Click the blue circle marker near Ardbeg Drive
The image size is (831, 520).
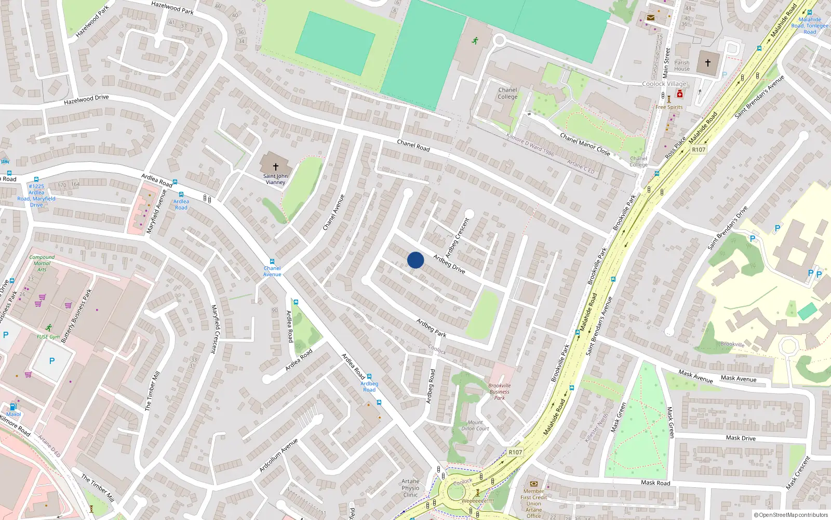pyautogui.click(x=415, y=260)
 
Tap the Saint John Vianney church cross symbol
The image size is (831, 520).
pyautogui.click(x=276, y=166)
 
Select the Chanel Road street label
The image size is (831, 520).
pyautogui.click(x=413, y=146)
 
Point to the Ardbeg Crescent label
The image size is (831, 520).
pyautogui.click(x=457, y=238)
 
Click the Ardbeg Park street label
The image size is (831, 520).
pyautogui.click(x=431, y=328)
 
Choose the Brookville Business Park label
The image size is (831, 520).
pyautogui.click(x=499, y=392)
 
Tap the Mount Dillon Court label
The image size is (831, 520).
pyautogui.click(x=475, y=425)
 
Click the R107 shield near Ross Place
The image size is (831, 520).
pyautogui.click(x=699, y=150)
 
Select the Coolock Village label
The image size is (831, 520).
pyautogui.click(x=664, y=84)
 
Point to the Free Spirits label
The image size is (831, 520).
pyautogui.click(x=669, y=107)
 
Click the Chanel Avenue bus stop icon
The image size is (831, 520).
pyautogui.click(x=272, y=262)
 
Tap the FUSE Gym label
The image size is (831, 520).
pyautogui.click(x=48, y=336)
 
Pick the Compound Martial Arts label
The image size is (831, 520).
pyautogui.click(x=42, y=263)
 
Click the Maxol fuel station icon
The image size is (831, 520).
pyautogui.click(x=14, y=407)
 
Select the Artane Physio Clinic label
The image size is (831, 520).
pyautogui.click(x=410, y=488)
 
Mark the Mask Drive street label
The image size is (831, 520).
pyautogui.click(x=741, y=438)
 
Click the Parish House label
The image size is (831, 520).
pyautogui.click(x=682, y=66)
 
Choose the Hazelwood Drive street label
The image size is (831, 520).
pyautogui.click(x=86, y=99)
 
